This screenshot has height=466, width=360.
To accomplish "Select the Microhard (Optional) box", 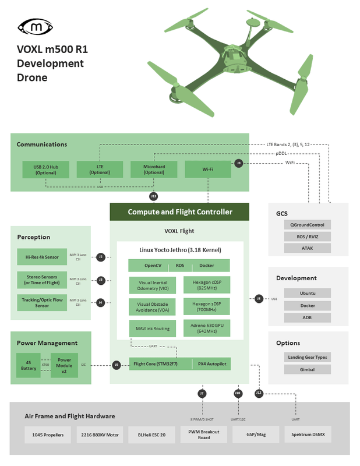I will coord(153,170).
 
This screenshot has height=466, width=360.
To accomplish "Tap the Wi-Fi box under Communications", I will coord(207,170).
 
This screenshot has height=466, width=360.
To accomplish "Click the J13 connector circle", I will coord(154,196).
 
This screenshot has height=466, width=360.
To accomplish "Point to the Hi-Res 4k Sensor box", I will coord(42,256).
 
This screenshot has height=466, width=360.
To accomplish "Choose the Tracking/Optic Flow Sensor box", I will coord(42,302).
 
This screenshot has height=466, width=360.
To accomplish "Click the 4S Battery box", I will coord(29,365).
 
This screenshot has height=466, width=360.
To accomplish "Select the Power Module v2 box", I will coord(64,365).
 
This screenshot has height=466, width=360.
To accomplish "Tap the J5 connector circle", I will coord(117,365).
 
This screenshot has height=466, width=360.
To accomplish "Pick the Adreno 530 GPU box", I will coord(207,329).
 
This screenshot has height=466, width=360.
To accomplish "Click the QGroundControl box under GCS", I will coord(308,224).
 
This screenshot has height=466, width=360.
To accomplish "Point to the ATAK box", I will coord(308,248).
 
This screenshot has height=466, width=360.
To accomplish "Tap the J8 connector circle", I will coord(258,298).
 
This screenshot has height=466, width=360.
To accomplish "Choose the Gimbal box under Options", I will coord(308,370).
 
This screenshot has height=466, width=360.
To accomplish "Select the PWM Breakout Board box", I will coord(199,435).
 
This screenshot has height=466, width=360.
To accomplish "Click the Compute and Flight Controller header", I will coord(179,211).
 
